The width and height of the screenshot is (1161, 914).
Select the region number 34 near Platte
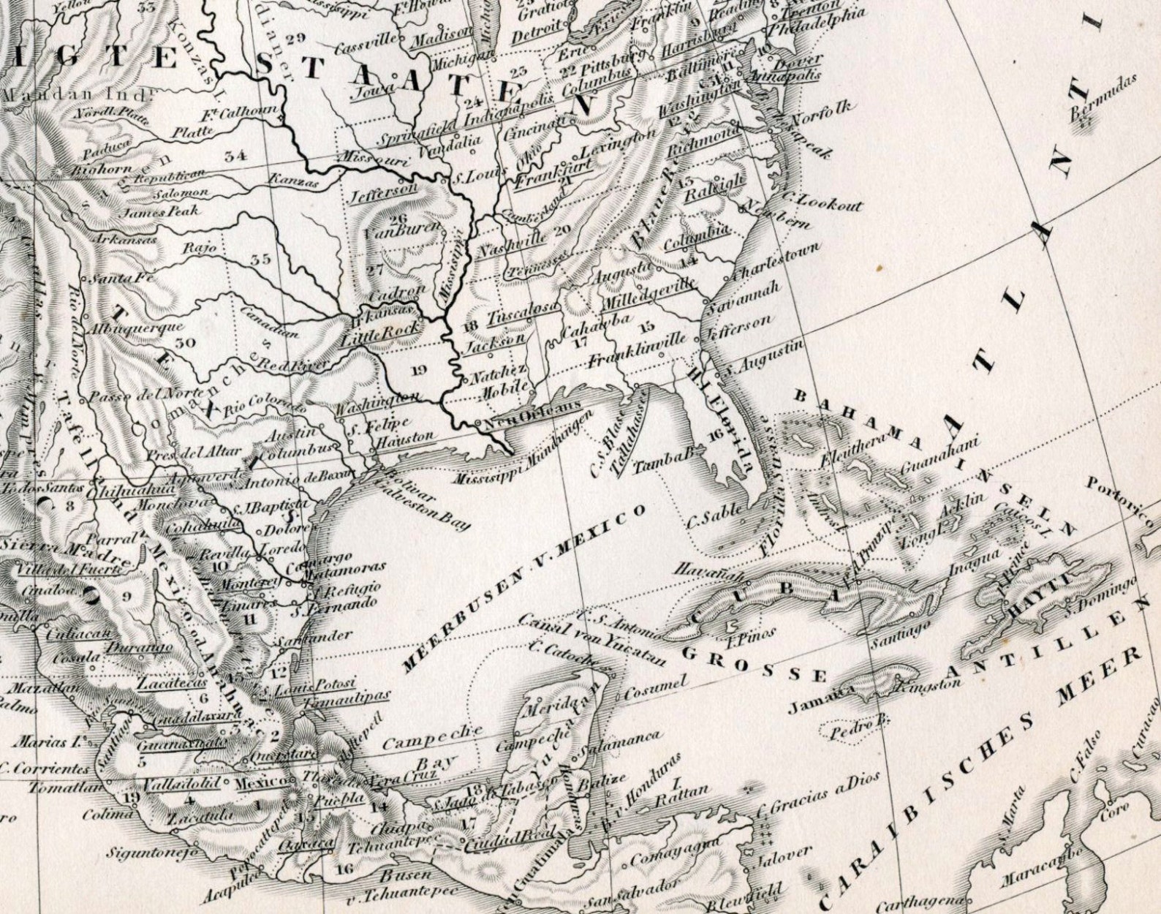[235, 154]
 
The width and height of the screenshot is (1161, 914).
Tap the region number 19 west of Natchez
[418, 369]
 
